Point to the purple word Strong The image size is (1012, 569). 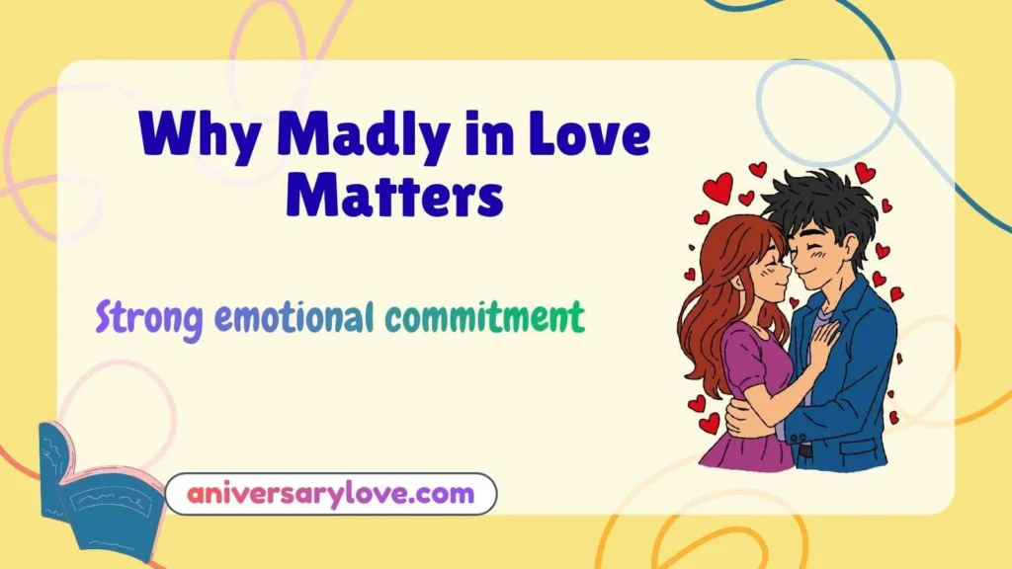[x=149, y=318]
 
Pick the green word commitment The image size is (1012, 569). [x=484, y=318]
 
